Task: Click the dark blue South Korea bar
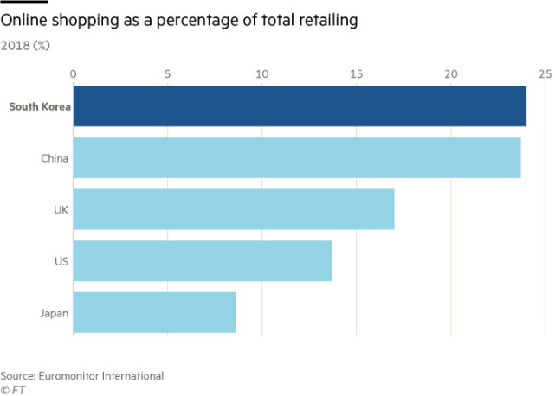pos(300,106)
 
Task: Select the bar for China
pos(297,157)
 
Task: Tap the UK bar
pos(234,209)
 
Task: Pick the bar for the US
pos(203,260)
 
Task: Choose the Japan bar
pos(154,312)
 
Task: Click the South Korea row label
pos(39,107)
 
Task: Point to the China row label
pos(55,158)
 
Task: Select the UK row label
pos(61,210)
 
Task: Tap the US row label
pos(61,261)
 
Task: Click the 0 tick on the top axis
pos(74,73)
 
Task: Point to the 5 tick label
pos(167,73)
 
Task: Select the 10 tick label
pos(261,73)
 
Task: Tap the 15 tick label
pos(356,73)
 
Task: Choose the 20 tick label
pos(450,73)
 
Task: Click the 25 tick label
pos(544,73)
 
